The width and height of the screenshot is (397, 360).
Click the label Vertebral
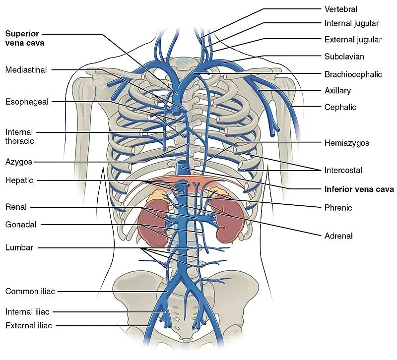pos(340,9)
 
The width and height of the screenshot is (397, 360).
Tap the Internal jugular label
pos(351,23)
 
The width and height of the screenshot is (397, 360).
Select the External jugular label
pos(353,40)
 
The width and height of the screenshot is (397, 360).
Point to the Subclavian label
pos(344,57)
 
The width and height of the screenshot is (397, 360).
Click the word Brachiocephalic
pos(353,74)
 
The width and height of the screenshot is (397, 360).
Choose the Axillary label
pos(337,91)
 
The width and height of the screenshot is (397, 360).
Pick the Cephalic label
pos(340,107)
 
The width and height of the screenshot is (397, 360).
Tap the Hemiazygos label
pos(347,143)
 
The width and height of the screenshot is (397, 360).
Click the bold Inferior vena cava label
pos(359,189)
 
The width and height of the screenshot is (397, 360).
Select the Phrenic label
pos(338,208)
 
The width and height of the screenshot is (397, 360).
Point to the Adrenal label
pos(338,236)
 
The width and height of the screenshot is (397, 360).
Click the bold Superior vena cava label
pos(25,38)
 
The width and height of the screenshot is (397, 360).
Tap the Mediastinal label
pos(26,70)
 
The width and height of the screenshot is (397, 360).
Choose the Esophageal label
pos(27,102)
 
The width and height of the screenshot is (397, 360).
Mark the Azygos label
pos(19,162)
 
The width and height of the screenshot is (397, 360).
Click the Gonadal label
pos(21,224)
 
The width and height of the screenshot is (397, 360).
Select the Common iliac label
pos(29,291)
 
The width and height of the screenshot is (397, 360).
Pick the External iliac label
pos(29,326)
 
